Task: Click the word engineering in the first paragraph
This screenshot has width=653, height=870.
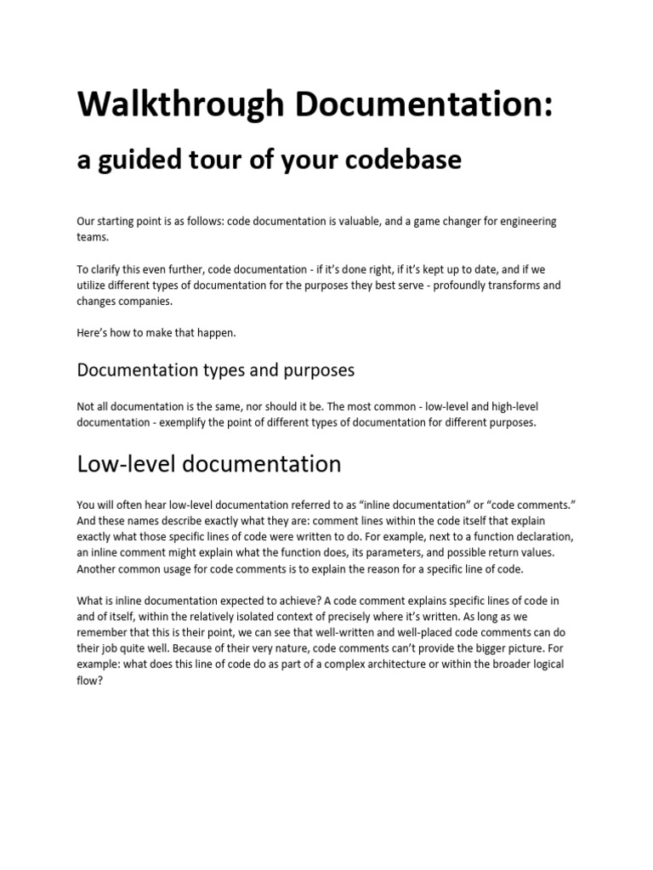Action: [524, 221]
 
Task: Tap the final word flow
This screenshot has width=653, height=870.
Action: [88, 678]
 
